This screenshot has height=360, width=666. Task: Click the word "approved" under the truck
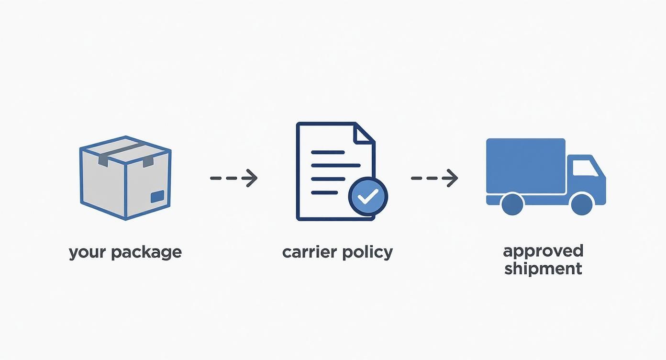point(543,251)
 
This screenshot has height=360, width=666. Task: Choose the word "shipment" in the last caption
point(543,268)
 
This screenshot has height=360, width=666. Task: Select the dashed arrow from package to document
point(234,178)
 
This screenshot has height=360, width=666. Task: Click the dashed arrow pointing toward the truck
point(434,178)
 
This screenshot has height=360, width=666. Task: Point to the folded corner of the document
point(364,133)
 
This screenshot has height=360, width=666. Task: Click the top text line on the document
point(328,152)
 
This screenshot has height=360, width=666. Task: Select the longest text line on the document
point(335,166)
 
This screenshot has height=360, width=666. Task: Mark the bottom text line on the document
point(324,192)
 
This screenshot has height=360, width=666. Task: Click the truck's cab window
point(585,168)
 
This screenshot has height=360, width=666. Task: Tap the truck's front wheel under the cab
point(582,203)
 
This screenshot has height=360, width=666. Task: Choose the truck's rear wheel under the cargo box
point(512,203)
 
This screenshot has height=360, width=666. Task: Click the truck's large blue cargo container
point(526,166)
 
